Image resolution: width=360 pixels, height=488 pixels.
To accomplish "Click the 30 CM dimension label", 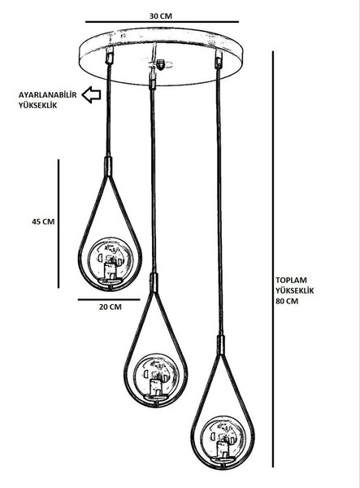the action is (160, 16).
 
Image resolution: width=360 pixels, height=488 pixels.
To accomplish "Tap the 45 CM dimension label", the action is (43, 221).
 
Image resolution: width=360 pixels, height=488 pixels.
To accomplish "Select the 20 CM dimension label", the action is (111, 307).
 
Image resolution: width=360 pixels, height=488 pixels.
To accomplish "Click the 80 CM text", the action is (287, 301).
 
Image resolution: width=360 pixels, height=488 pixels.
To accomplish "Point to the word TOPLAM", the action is (291, 280).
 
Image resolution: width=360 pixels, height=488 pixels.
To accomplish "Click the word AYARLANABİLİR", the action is (47, 94).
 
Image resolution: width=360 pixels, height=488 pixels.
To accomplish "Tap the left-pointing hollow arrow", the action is (91, 94).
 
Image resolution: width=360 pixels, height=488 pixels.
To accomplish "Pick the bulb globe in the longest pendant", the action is (223, 438).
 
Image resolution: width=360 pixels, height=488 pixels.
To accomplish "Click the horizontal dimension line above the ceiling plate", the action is (162, 22).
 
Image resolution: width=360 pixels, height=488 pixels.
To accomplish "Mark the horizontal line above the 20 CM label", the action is (109, 299).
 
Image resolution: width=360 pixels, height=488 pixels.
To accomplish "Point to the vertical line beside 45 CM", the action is (59, 224).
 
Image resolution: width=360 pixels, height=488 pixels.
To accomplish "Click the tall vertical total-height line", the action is (273, 259).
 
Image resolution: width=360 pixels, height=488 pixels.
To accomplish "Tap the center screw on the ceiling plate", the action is (161, 64).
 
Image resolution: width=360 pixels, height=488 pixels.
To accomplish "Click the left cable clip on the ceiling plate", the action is (110, 55).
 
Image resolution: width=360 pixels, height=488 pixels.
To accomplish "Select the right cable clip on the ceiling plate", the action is (219, 59).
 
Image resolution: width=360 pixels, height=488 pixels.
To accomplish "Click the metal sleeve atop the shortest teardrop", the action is (108, 167).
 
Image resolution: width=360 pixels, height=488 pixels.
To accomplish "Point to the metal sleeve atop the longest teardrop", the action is (221, 345).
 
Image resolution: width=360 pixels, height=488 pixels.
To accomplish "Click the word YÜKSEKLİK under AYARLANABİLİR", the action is (37, 105).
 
